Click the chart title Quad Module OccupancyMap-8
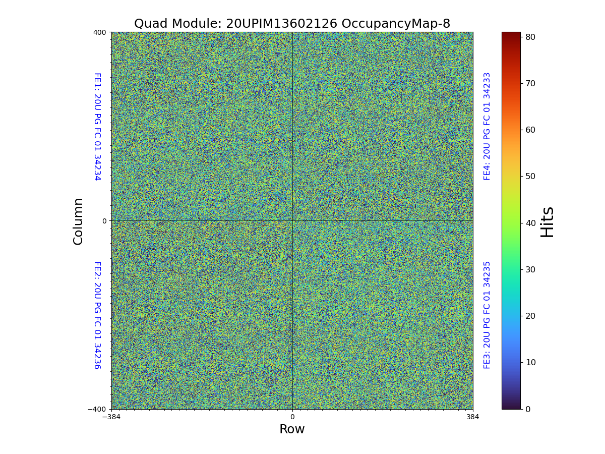292,24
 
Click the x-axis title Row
292,429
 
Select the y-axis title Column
78,221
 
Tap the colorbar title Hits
548,221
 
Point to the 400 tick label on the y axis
99,32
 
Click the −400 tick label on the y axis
97,409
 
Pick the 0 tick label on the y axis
104,221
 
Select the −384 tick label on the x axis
111,417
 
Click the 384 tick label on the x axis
473,417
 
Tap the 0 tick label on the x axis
292,417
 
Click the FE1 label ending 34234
97,127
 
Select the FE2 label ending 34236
97,315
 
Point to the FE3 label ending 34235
487,315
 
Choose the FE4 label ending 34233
487,126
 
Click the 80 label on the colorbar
530,37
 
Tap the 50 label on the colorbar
530,176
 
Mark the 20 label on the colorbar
530,316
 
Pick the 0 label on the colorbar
528,409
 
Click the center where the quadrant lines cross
292,220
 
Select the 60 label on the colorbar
530,130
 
